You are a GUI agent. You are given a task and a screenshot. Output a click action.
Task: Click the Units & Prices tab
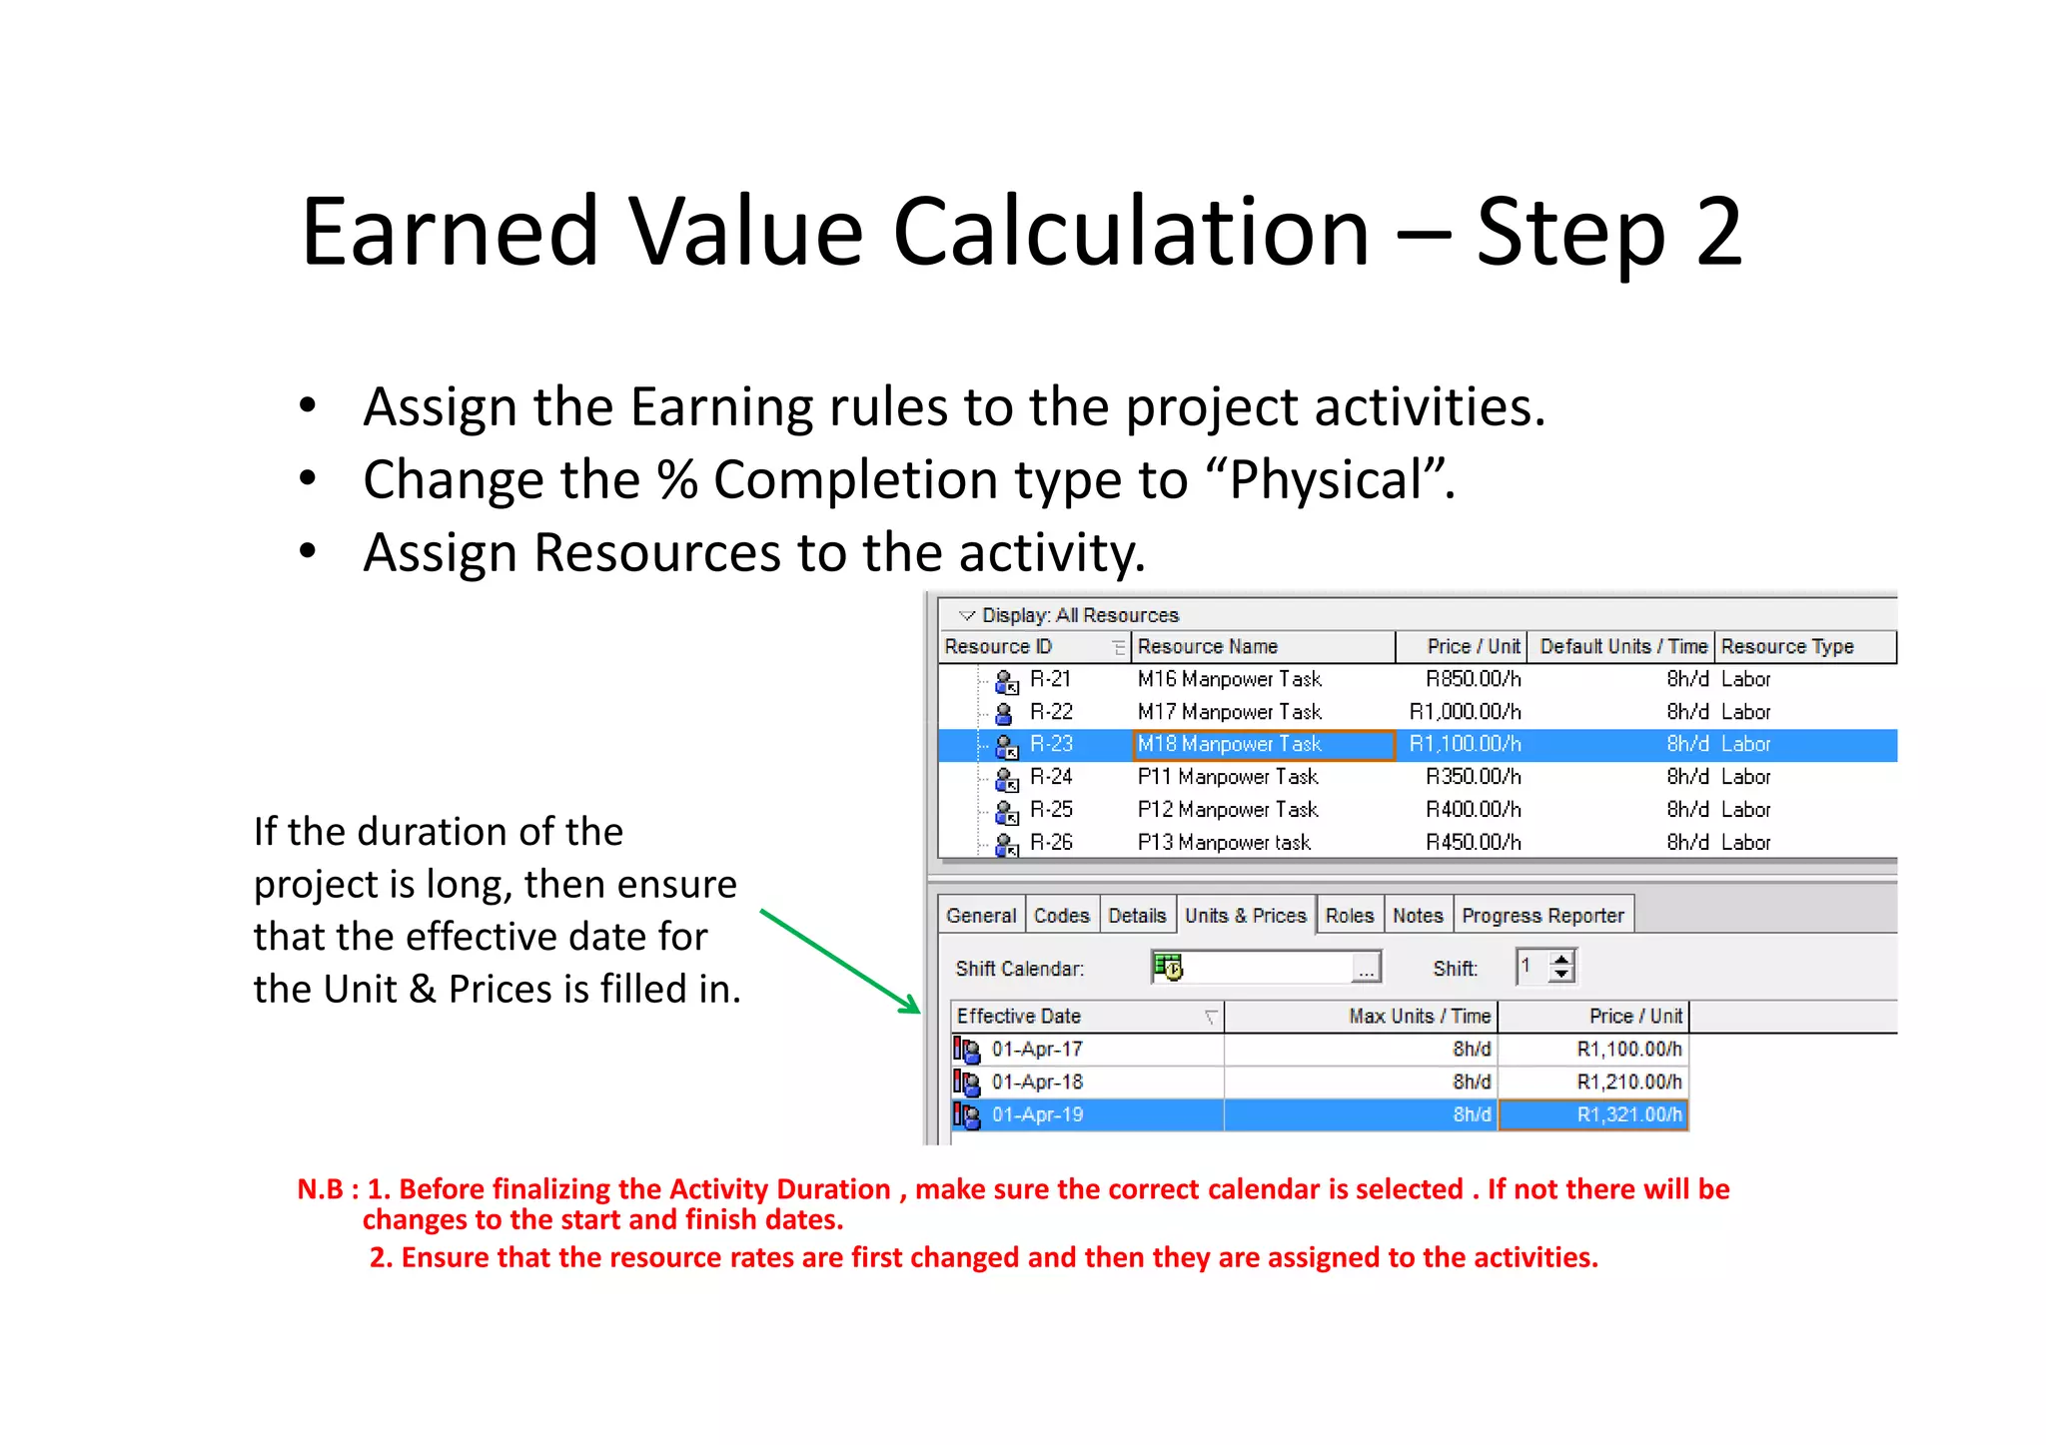click(x=1245, y=916)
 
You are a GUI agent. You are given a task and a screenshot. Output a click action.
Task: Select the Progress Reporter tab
click(x=1542, y=916)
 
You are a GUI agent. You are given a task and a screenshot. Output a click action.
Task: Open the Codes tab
click(x=1061, y=916)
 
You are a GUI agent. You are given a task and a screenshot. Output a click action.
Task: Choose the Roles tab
click(x=1349, y=916)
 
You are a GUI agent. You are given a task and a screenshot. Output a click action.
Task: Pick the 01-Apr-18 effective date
click(x=1037, y=1083)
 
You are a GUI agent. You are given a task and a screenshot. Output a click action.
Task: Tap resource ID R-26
click(x=1051, y=843)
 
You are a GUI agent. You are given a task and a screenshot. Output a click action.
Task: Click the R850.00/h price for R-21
click(x=1473, y=679)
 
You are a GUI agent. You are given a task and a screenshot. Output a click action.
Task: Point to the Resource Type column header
click(x=1786, y=647)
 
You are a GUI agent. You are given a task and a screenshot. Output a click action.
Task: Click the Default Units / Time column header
click(x=1622, y=647)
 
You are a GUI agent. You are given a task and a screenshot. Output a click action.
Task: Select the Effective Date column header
click(x=1019, y=1017)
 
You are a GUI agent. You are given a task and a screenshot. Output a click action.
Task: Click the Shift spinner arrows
click(x=1561, y=967)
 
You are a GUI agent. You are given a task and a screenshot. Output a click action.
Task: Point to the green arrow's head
click(x=914, y=1009)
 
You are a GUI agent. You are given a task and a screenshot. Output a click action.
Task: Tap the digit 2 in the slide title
click(x=1718, y=232)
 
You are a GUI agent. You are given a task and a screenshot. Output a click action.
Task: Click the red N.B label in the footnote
click(x=320, y=1189)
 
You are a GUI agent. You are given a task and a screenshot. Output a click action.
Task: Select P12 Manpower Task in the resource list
click(x=1227, y=810)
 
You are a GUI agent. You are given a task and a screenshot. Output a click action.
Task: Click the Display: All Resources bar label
click(x=1079, y=615)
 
